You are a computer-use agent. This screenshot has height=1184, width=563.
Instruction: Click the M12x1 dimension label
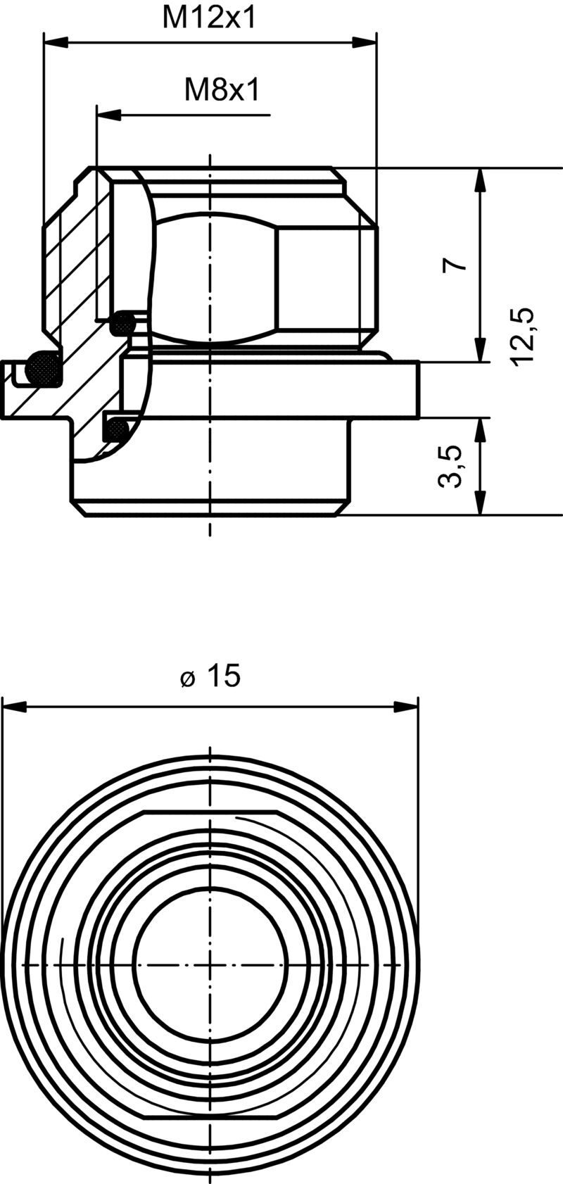pyautogui.click(x=209, y=18)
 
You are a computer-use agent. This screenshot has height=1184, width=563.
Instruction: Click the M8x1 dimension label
pyautogui.click(x=222, y=89)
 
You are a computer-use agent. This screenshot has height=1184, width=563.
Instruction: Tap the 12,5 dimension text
pyautogui.click(x=525, y=336)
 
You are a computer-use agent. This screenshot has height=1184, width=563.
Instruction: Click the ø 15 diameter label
pyautogui.click(x=210, y=676)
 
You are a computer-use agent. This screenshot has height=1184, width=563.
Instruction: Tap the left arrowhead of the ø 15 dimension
pyautogui.click(x=15, y=706)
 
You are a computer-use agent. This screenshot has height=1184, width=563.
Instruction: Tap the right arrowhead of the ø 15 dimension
pyautogui.click(x=405, y=706)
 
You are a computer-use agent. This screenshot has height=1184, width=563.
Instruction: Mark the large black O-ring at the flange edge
pyautogui.click(x=42, y=367)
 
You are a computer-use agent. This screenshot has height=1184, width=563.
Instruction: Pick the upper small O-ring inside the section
pyautogui.click(x=124, y=323)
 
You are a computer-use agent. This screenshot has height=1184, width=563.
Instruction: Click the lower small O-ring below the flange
pyautogui.click(x=115, y=428)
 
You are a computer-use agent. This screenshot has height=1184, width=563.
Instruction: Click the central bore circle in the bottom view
pyautogui.click(x=210, y=963)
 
